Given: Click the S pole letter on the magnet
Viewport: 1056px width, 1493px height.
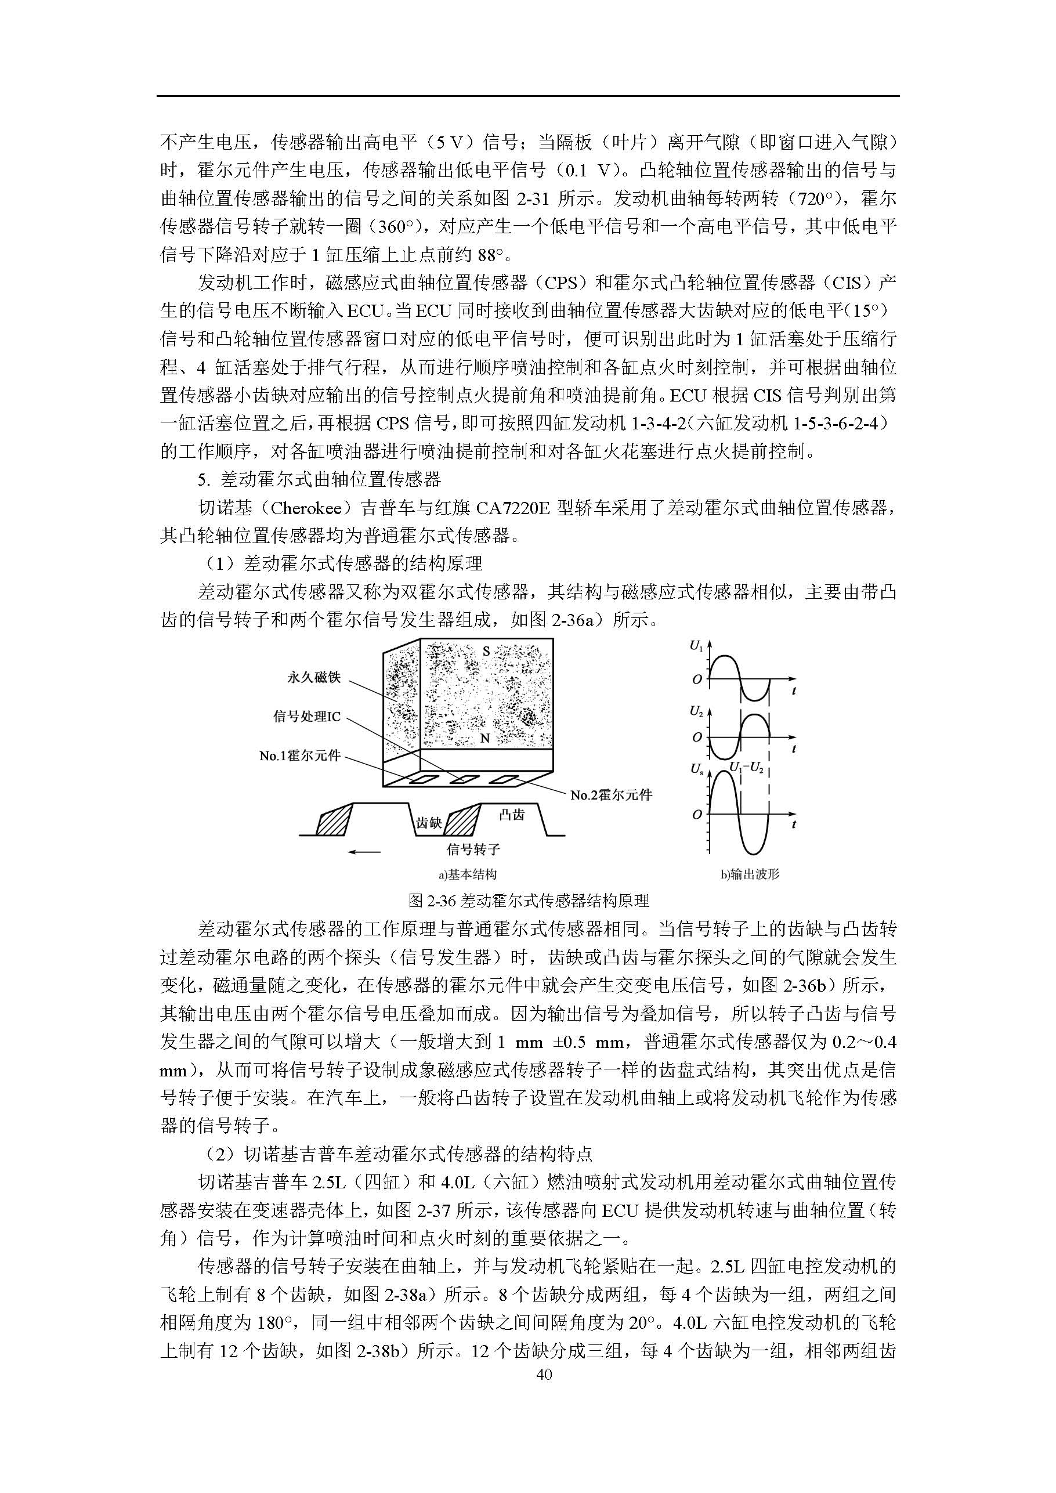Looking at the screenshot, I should pyautogui.click(x=486, y=651).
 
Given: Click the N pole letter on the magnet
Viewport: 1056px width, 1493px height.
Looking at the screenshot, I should pyautogui.click(x=484, y=739).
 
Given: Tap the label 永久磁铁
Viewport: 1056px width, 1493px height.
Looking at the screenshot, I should pyautogui.click(x=314, y=678).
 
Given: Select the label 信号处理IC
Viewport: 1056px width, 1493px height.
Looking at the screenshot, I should pyautogui.click(x=307, y=717).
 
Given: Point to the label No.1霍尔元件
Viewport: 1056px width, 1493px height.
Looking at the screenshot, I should pyautogui.click(x=300, y=756).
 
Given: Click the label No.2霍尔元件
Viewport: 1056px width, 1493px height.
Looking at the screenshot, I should pyautogui.click(x=610, y=794).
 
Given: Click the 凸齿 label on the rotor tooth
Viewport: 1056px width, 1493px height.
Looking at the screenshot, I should pyautogui.click(x=512, y=814).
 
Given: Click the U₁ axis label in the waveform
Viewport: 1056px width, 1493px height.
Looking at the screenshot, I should pyautogui.click(x=696, y=646).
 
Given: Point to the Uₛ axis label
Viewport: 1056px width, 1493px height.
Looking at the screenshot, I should pyautogui.click(x=696, y=769).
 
